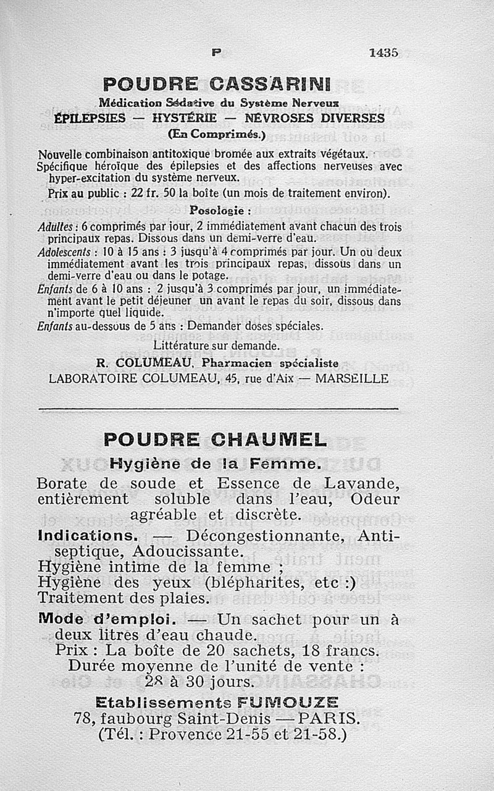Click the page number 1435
pyautogui.click(x=383, y=53)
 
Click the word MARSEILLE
pyautogui.click(x=352, y=379)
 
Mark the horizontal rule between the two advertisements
pyautogui.click(x=219, y=408)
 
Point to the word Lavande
pyautogui.click(x=359, y=483)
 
